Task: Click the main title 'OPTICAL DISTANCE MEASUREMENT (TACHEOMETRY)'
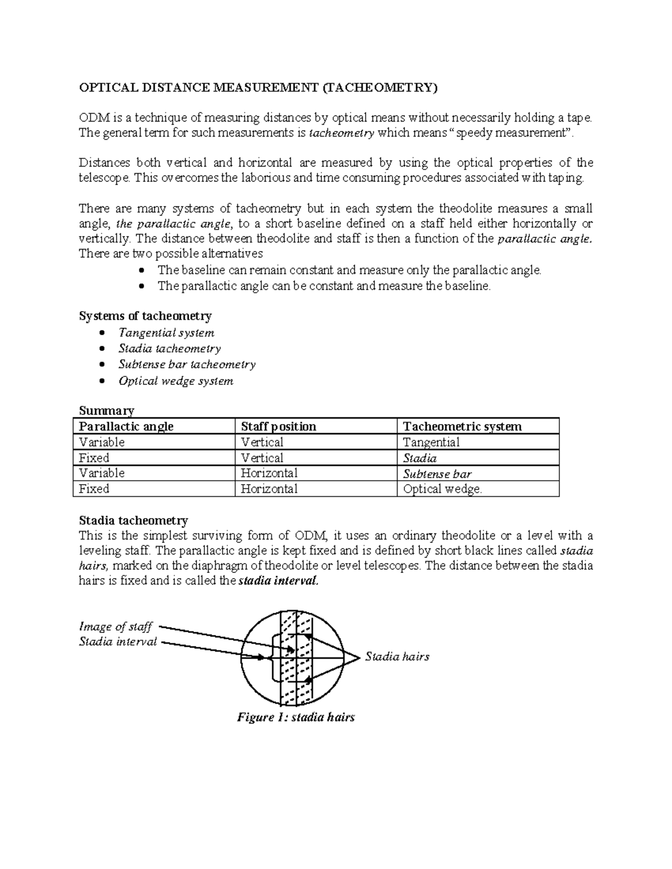tap(257, 87)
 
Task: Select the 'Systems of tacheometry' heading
tap(145, 316)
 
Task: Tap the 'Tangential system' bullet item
tap(166, 333)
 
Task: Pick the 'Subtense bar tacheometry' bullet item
tap(187, 364)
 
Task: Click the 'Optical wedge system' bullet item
tap(176, 381)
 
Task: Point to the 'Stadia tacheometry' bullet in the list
tap(170, 349)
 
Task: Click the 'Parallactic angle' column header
tap(126, 426)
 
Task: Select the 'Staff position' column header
tap(278, 426)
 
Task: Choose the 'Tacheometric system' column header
tap(462, 426)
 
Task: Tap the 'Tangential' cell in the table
tap(431, 442)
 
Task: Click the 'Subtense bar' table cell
tap(437, 474)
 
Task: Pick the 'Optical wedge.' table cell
tap(442, 489)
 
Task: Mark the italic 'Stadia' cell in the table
tap(420, 458)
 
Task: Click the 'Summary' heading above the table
tap(106, 411)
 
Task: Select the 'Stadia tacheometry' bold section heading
tap(133, 520)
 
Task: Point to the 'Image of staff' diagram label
tap(115, 626)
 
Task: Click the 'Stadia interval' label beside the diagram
tap(118, 642)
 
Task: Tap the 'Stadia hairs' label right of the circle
tap(397, 657)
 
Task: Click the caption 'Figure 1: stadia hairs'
tap(296, 717)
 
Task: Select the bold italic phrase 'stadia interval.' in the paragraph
tap(278, 581)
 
